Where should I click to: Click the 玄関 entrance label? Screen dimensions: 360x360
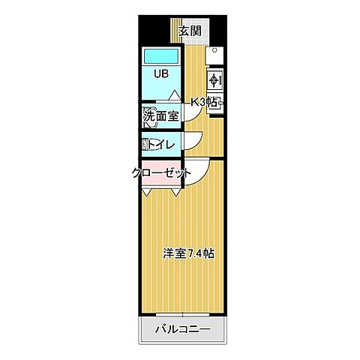pyautogui.click(x=190, y=31)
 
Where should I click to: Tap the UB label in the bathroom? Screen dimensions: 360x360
pyautogui.click(x=161, y=74)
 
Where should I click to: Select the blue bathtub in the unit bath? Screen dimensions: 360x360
pyautogui.click(x=162, y=55)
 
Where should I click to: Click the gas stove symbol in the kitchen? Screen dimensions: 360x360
pyautogui.click(x=213, y=79)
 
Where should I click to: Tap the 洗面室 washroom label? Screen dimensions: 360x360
pyautogui.click(x=161, y=115)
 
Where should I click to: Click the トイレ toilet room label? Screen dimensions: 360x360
pyautogui.click(x=163, y=144)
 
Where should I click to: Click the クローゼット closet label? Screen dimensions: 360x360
pyautogui.click(x=161, y=173)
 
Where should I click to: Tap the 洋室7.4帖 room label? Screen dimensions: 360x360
pyautogui.click(x=189, y=253)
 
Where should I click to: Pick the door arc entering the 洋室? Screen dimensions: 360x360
pyautogui.click(x=196, y=169)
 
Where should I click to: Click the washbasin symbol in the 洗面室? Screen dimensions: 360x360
pyautogui.click(x=145, y=118)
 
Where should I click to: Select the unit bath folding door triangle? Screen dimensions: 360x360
pyautogui.click(x=173, y=95)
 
